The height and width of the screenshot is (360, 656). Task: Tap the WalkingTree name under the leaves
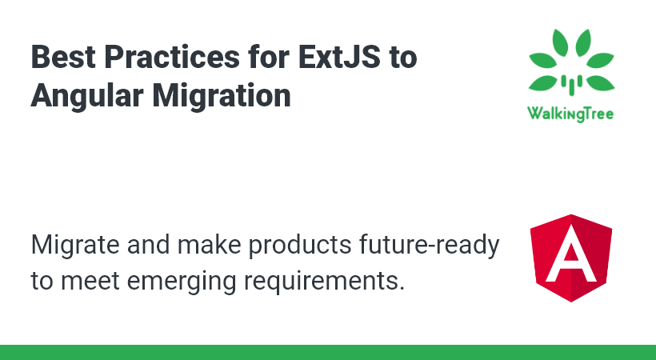(570, 114)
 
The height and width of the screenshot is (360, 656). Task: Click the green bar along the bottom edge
(328, 352)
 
